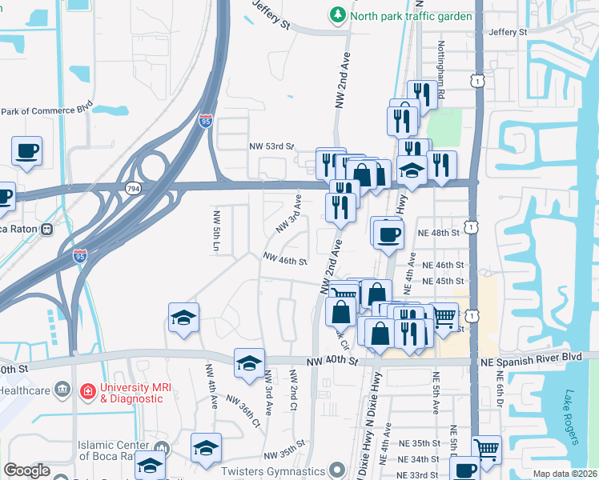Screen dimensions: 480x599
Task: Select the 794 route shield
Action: (133, 188)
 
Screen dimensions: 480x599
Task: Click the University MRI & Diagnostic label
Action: (142, 391)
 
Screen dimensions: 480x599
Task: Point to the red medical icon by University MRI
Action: (86, 391)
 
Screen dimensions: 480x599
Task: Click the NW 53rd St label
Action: (271, 147)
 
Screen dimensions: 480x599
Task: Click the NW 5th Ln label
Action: (215, 231)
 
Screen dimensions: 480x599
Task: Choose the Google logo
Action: (26, 470)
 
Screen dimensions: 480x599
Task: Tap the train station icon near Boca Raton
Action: (47, 228)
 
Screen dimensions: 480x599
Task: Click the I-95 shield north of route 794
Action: (206, 121)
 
